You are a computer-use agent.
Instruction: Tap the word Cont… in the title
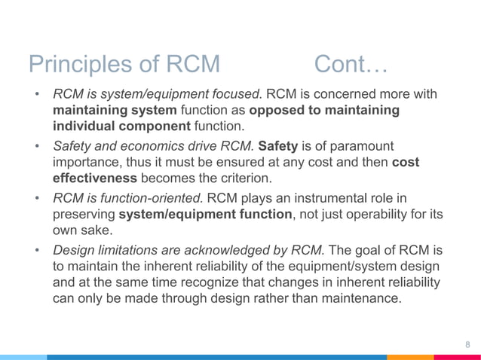click(351, 65)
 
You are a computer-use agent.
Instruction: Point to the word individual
click(84, 125)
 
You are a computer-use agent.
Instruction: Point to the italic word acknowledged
click(230, 249)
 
